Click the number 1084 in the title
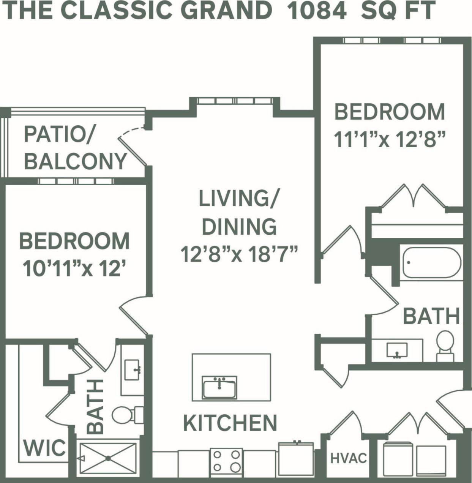pos(317,11)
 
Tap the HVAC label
pos(349,458)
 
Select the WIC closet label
pos(45,448)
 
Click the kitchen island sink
pos(219,387)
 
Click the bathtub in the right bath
pos(432,263)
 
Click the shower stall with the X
pos(108,458)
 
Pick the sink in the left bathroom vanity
pos(132,369)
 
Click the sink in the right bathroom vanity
pos(397,350)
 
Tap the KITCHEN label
pos(230,423)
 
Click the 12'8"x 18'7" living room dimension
pos(239,254)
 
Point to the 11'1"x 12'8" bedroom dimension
pos(389,139)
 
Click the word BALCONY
pos(75,161)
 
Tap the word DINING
pos(239,227)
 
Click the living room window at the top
pos(235,101)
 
